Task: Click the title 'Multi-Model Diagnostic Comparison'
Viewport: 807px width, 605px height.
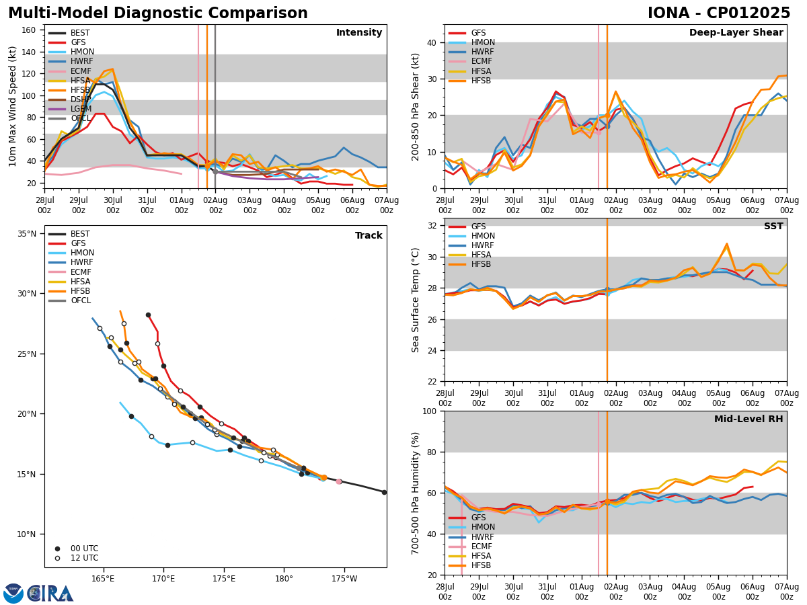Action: point(158,13)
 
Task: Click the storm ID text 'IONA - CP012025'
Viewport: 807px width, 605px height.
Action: point(719,13)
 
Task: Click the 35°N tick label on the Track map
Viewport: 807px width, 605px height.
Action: point(27,233)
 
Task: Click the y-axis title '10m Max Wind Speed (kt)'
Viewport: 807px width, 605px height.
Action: point(13,106)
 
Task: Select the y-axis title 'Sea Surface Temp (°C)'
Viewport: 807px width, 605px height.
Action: point(416,300)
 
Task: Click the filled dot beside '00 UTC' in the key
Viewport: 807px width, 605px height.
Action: point(57,549)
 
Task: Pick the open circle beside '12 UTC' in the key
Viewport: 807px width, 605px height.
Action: point(57,558)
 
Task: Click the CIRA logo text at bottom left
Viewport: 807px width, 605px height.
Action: point(50,594)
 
